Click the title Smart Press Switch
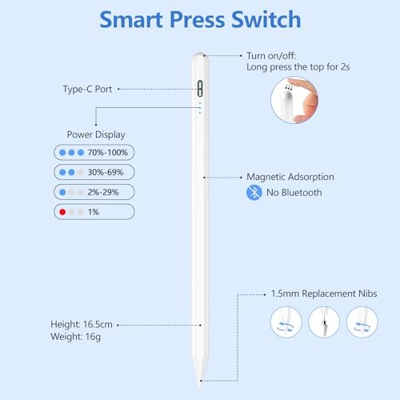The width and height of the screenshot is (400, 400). click(200, 20)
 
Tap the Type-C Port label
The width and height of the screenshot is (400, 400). click(87, 90)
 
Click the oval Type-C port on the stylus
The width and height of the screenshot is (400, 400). click(200, 89)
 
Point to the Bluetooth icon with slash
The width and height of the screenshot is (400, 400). click(252, 192)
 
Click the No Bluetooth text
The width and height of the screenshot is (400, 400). click(294, 192)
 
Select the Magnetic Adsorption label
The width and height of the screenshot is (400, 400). click(290, 177)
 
